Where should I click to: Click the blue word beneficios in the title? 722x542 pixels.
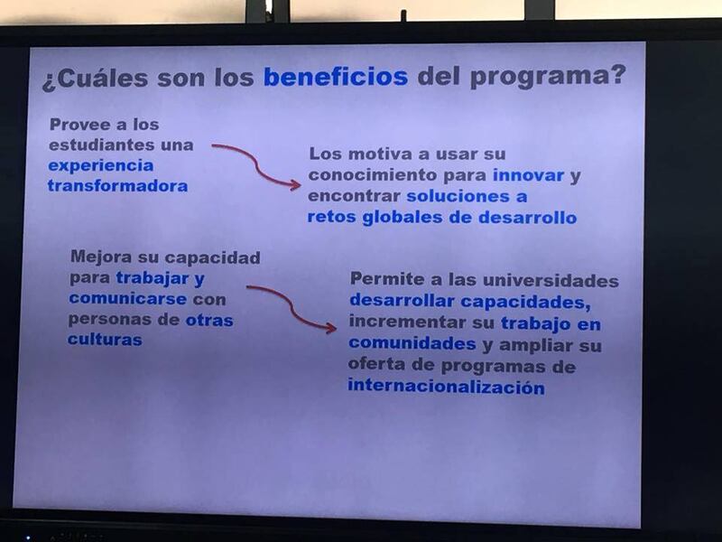(x=336, y=77)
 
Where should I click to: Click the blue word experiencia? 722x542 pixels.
(x=101, y=166)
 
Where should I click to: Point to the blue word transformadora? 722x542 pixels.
(x=118, y=186)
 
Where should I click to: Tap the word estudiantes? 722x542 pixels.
(x=102, y=145)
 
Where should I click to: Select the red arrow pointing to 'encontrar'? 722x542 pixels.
(x=256, y=165)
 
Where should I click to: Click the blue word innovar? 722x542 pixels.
(x=529, y=175)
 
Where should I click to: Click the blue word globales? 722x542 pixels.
(x=403, y=218)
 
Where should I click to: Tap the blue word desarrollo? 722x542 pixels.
(x=528, y=218)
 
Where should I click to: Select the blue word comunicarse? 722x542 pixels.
(x=128, y=299)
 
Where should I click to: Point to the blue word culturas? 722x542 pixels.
(x=105, y=340)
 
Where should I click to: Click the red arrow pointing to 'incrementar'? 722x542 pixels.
(x=292, y=307)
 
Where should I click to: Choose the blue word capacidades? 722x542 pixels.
(x=525, y=302)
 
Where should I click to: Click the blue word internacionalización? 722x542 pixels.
(x=446, y=387)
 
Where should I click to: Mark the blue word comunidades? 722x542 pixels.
(x=412, y=343)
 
